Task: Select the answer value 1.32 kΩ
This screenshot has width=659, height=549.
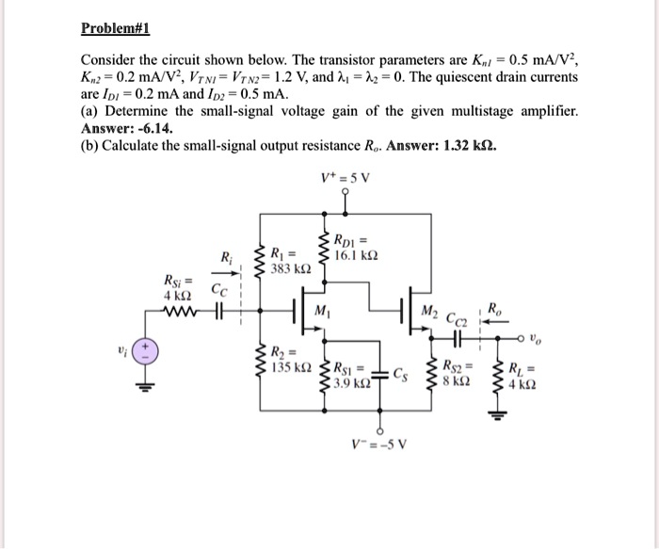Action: [x=468, y=147]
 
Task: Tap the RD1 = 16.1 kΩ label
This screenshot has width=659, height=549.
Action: [x=361, y=246]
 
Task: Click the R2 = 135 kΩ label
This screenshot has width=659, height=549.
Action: [x=286, y=359]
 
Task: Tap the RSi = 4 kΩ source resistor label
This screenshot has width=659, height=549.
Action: [x=177, y=286]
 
